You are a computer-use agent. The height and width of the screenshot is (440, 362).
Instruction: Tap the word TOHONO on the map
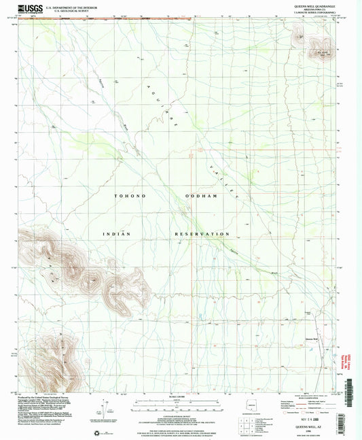(126, 195)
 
